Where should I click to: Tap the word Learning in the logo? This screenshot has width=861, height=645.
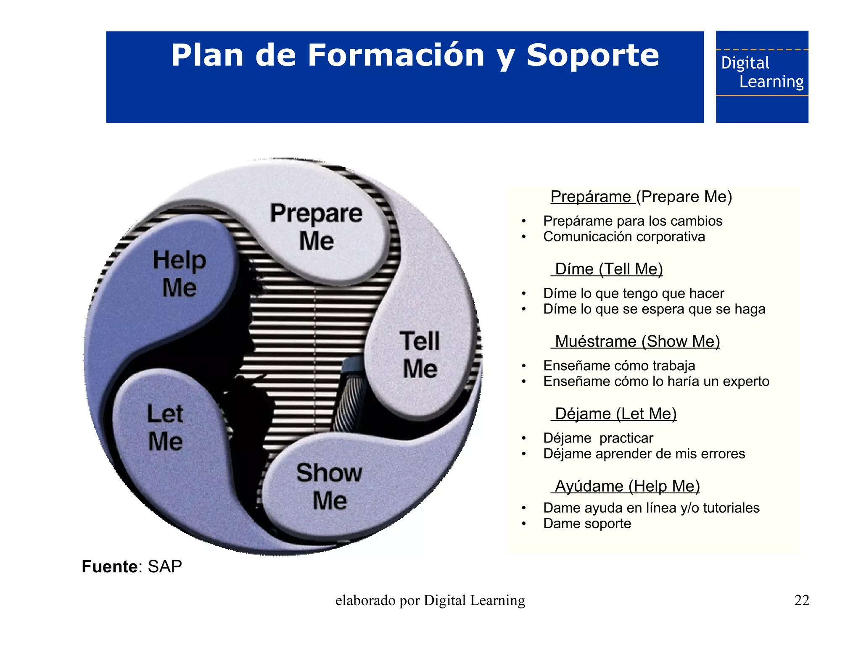point(771,82)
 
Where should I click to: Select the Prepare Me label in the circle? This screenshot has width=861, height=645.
point(316,226)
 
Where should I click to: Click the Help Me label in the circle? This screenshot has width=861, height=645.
point(180,273)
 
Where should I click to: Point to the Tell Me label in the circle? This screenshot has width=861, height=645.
point(420,355)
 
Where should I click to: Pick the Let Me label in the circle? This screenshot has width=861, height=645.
point(165,427)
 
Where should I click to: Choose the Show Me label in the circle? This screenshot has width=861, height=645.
point(329,486)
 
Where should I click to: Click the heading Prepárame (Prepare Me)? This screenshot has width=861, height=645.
point(641,197)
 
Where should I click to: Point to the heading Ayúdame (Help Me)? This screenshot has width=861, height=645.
point(627,486)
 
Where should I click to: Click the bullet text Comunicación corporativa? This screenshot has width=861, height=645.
point(623,237)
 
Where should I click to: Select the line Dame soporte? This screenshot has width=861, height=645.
point(587,524)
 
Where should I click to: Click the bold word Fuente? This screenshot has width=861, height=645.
point(109,566)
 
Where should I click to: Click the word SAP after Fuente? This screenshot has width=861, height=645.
point(165,566)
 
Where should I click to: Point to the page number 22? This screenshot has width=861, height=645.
point(801,600)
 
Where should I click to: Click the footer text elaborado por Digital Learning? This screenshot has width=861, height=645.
point(430,600)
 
